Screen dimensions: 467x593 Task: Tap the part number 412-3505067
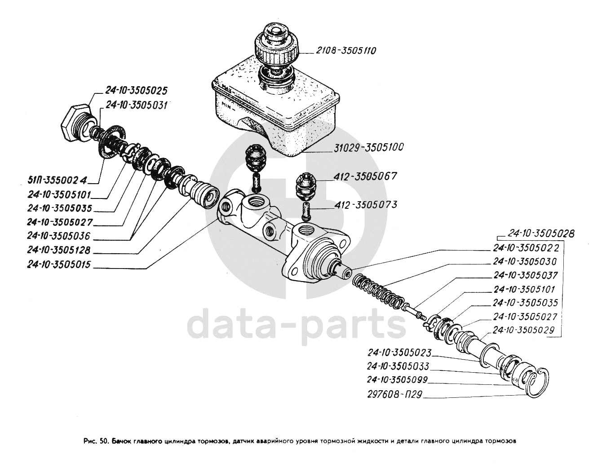[365, 176]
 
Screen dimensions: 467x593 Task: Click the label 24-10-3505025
[136, 91]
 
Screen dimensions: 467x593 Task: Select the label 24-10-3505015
[59, 264]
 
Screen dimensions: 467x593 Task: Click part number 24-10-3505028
[541, 233]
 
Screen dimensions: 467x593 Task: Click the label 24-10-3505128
[59, 250]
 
